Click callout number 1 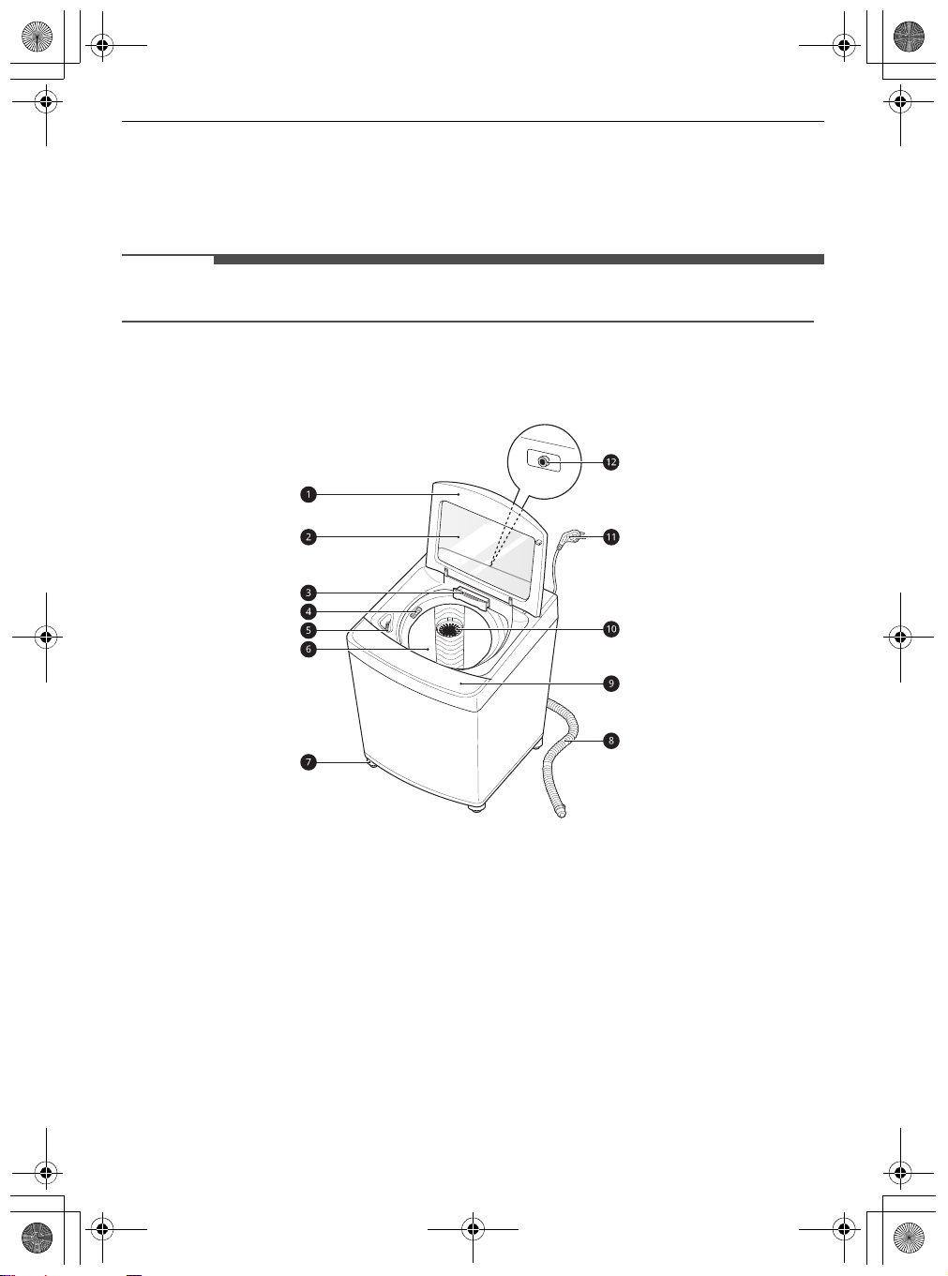308,494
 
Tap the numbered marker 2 308,537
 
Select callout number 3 308,593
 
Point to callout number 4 308,611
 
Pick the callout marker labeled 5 308,631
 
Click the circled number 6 308,650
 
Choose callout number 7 308,763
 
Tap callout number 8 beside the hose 610,741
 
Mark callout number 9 610,683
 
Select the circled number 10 610,629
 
